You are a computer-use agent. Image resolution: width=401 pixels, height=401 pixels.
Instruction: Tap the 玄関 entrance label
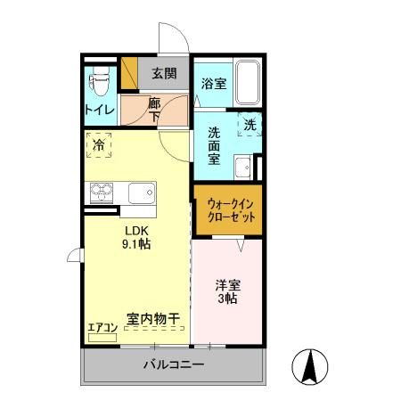[x=164, y=73]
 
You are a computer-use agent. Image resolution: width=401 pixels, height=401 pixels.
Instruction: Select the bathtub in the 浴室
[x=248, y=83]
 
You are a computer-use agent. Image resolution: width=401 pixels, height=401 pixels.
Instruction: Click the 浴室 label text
[x=214, y=84]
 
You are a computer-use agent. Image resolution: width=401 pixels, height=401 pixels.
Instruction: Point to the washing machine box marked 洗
[x=250, y=125]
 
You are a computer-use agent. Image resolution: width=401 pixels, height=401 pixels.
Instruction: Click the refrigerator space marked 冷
[x=99, y=145]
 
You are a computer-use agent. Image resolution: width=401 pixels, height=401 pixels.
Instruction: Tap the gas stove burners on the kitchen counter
[x=102, y=192]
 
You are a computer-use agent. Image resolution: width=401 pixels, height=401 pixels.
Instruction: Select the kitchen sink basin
[x=142, y=193]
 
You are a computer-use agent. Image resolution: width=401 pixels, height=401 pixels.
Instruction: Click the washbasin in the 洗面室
[x=243, y=168]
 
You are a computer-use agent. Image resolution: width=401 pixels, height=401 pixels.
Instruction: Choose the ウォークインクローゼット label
[x=230, y=210]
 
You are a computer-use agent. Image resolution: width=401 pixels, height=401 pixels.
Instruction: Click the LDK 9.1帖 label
[x=136, y=237]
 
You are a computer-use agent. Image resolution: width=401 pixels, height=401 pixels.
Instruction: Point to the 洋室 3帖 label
[x=228, y=291]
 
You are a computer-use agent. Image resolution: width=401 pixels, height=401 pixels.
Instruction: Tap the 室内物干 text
[x=153, y=319]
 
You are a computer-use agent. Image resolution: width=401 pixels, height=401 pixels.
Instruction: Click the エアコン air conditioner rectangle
[x=102, y=338]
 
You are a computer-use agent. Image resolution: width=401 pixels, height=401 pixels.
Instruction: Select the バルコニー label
[x=174, y=364]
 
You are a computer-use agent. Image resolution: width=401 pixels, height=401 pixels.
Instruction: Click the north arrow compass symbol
[x=310, y=366]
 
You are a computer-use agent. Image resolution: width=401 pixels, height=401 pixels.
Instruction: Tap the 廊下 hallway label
[x=154, y=110]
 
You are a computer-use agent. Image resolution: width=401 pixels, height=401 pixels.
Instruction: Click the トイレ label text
[x=100, y=110]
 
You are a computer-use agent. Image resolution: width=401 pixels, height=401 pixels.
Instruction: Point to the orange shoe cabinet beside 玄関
[x=129, y=72]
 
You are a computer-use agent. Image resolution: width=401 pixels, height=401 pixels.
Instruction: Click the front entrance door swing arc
[x=179, y=30]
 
